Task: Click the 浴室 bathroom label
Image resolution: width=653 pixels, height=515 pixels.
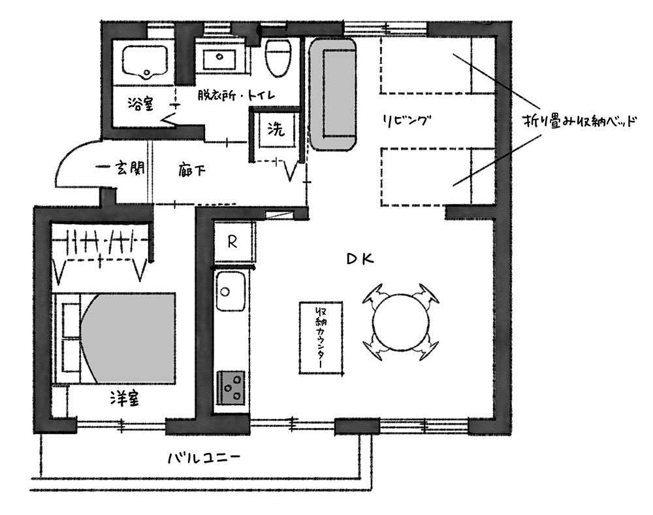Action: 141,104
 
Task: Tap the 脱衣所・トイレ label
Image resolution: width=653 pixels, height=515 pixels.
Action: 236,96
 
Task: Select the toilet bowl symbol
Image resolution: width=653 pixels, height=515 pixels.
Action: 278,58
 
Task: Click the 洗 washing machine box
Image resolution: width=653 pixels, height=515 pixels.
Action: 276,129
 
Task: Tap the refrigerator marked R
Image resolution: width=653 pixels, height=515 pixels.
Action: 233,242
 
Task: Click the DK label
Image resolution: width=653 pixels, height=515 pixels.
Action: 360,259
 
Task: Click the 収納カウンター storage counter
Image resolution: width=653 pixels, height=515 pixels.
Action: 321,338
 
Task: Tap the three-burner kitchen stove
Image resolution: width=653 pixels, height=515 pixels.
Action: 231,387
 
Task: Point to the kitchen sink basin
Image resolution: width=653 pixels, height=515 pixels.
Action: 231,292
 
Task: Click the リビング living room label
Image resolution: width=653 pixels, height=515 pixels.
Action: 406,121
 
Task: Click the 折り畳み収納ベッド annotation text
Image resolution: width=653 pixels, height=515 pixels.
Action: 580,122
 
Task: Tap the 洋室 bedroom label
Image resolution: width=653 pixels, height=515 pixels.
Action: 125,399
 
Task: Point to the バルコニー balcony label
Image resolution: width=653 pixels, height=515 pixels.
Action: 204,458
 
